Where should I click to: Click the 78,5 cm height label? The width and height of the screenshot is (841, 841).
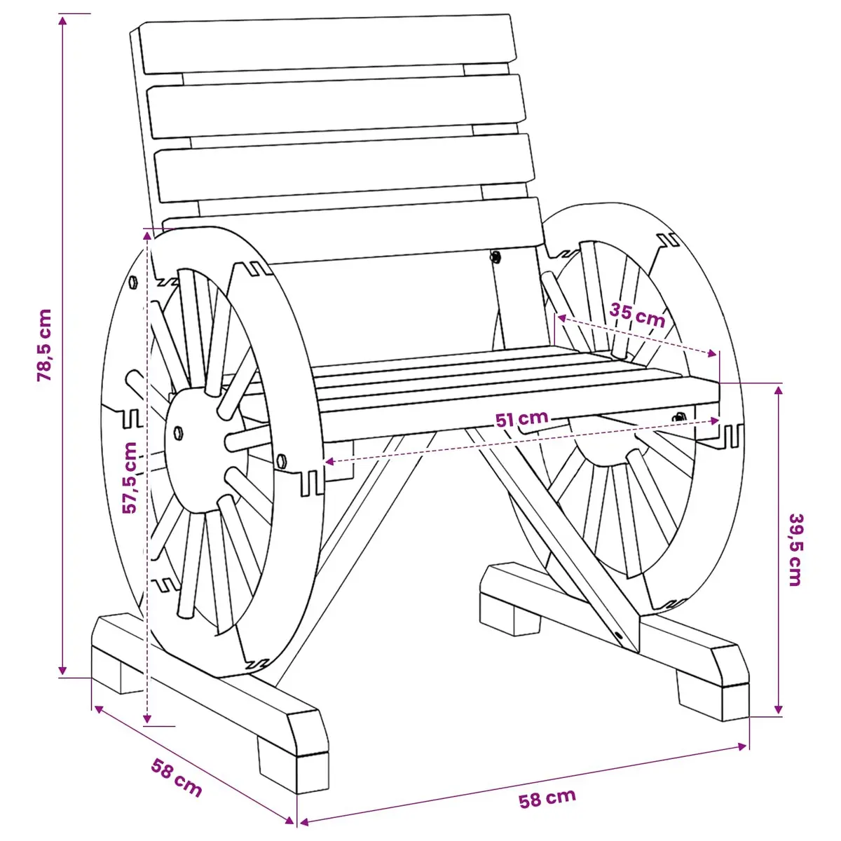point(45,346)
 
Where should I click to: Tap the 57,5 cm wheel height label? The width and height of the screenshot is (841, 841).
point(130,477)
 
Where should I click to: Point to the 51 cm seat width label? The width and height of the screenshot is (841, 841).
point(522,418)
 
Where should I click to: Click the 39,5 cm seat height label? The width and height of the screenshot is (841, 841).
point(795,549)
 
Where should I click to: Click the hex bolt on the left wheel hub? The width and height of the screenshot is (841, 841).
point(178,433)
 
